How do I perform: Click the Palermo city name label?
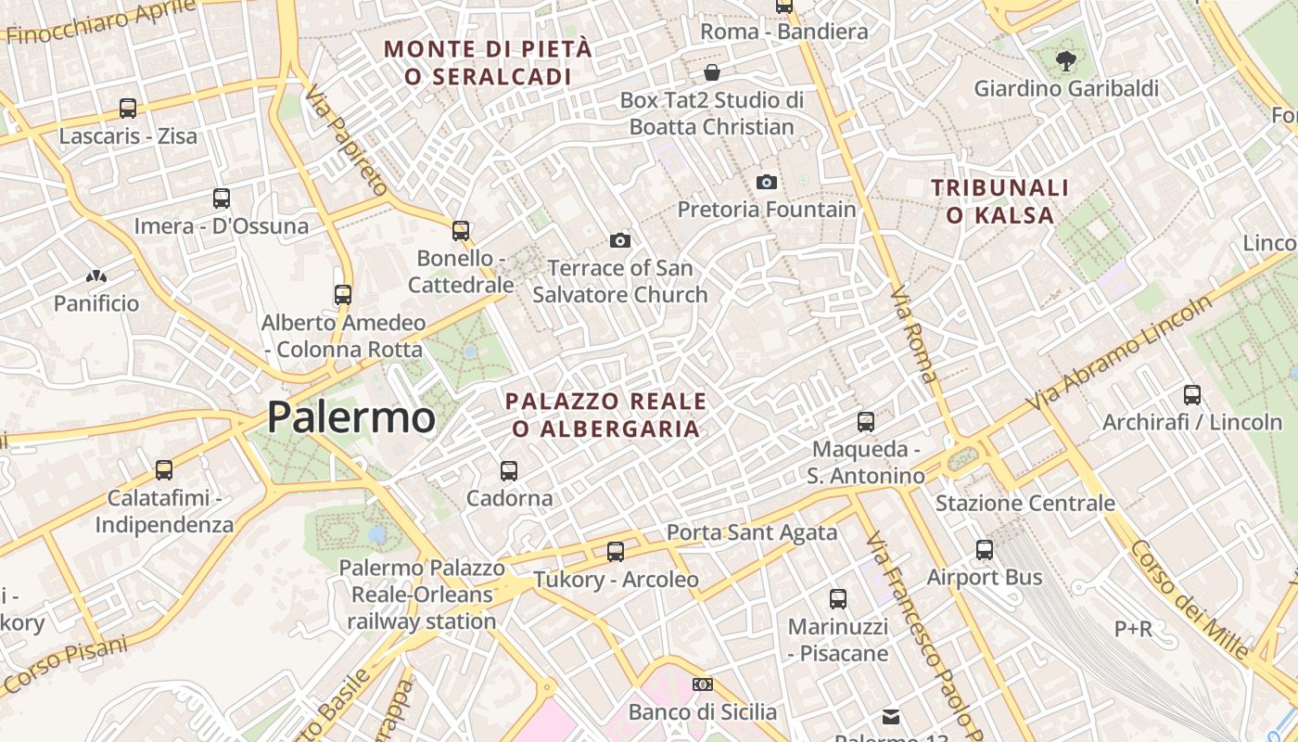350,417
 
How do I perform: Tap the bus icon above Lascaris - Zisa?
128,109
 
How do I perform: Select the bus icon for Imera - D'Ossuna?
221,198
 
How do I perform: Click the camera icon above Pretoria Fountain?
766,182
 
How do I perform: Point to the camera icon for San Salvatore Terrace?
619,241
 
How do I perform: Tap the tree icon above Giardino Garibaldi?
1065,62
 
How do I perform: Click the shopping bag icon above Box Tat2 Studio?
711,72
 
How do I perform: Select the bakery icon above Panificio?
95,276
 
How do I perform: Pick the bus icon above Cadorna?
508,470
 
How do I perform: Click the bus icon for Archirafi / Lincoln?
1192,395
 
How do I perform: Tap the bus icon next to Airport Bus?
985,550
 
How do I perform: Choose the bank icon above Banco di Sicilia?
702,684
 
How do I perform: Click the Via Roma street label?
913,334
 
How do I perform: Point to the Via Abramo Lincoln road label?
1120,353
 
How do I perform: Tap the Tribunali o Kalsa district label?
1000,201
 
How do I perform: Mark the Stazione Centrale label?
1024,504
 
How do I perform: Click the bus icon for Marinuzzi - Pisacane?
838,599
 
